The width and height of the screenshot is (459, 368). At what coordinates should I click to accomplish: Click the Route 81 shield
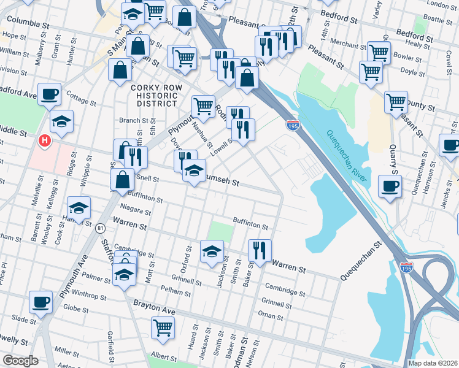pyautogui.click(x=100, y=228)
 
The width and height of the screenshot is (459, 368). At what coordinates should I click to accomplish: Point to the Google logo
pyautogui.click(x=20, y=361)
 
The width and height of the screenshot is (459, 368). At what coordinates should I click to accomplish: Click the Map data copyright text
pyautogui.click(x=433, y=363)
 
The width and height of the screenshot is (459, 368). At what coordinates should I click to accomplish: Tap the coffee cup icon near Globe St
pyautogui.click(x=42, y=301)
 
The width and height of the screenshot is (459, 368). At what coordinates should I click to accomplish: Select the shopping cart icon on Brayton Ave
pyautogui.click(x=163, y=328)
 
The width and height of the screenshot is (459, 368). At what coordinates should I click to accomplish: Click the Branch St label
pyautogui.click(x=130, y=120)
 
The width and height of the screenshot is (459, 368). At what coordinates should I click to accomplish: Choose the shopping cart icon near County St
pyautogui.click(x=396, y=101)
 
